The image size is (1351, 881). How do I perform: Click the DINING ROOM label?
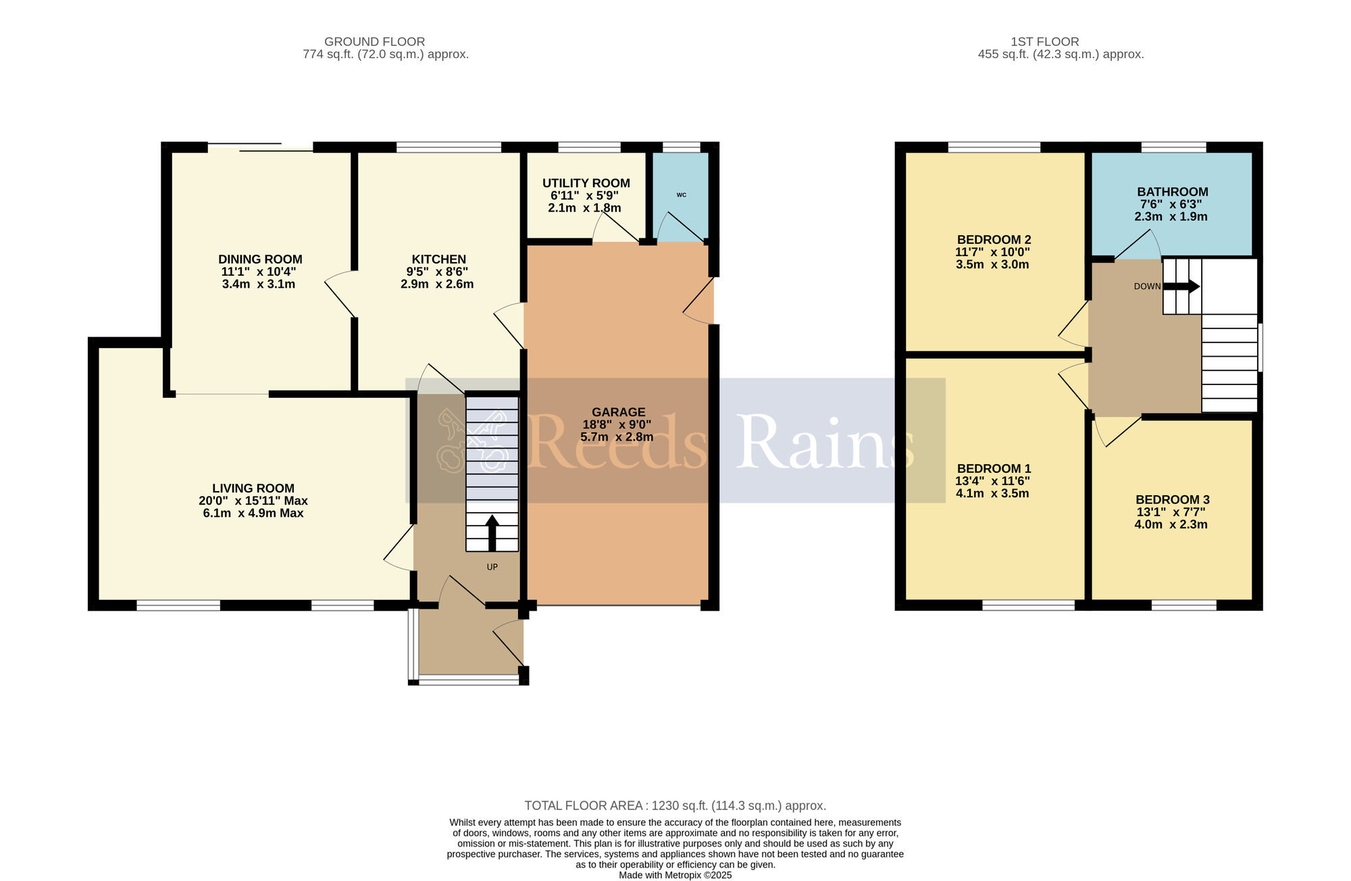pos(260,259)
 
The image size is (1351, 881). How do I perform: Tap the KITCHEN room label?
pos(439,259)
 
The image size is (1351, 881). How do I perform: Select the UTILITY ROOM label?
pos(586,183)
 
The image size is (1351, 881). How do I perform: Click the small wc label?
pos(682,195)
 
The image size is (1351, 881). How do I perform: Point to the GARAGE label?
pos(619,412)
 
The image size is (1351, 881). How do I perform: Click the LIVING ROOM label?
pos(253,488)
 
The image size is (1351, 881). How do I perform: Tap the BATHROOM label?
pos(1173,192)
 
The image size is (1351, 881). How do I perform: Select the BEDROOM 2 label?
pos(994,240)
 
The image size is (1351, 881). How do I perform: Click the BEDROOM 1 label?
pos(994,469)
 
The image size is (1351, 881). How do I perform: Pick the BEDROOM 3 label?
pos(1173,500)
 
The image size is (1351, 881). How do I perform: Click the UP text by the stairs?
pos(492,567)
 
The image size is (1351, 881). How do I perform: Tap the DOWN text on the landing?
pos(1147,286)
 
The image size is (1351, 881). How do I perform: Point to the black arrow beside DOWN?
pos(1181,286)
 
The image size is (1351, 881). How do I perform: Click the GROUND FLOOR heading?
pos(375,42)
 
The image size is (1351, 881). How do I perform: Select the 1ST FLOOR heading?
pos(1045,42)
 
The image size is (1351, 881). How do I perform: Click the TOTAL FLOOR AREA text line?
pos(675,806)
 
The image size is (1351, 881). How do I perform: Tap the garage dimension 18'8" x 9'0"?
pos(617,425)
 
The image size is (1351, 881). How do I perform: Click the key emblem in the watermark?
pos(473,442)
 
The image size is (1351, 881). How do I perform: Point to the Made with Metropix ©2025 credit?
pos(675,875)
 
